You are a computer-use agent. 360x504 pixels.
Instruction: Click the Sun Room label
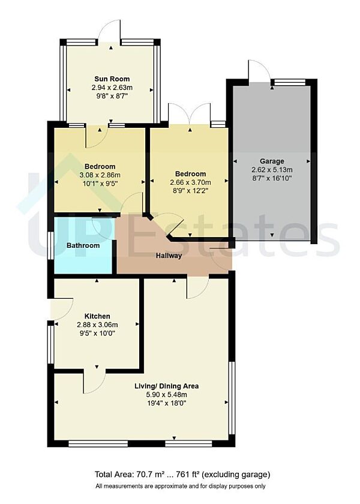coord(112,79)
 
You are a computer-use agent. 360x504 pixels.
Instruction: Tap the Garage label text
coord(272,161)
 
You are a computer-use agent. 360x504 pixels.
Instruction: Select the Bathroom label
coord(83,245)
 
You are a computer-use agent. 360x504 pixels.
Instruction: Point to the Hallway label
coord(169,256)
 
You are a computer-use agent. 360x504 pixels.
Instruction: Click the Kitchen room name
coord(97,316)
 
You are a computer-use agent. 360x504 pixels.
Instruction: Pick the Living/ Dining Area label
coord(166,386)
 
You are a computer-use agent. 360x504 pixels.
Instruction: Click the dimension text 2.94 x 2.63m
coord(112,87)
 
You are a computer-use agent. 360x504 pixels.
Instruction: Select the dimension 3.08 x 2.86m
coord(100,175)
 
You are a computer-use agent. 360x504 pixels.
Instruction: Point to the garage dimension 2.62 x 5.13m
coord(272,169)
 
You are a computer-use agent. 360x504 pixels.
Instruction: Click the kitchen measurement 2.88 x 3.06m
coord(97,325)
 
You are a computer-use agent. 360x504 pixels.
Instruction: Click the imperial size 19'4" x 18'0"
coord(166,403)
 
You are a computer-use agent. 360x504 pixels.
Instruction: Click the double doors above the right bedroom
coord(190,114)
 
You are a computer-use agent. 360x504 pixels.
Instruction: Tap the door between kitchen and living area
coord(94,380)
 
